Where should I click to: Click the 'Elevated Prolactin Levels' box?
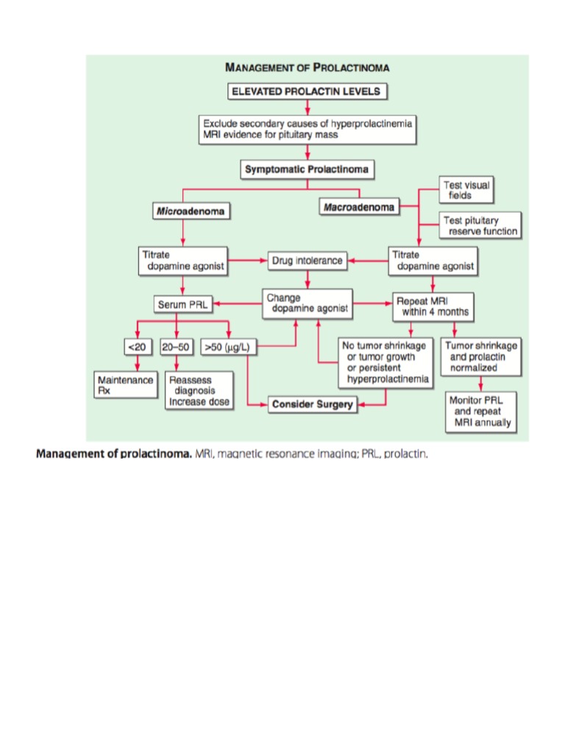pos(307,92)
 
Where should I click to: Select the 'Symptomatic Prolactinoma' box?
pos(307,169)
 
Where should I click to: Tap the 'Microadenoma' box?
pos(191,211)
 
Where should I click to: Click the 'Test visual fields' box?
pos(465,191)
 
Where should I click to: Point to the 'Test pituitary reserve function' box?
pos(480,225)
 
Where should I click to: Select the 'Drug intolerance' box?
pos(307,261)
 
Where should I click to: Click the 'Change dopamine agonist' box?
pos(307,303)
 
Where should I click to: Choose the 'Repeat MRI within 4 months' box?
pos(432,306)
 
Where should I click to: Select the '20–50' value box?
pos(177,347)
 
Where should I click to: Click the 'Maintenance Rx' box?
pos(125,385)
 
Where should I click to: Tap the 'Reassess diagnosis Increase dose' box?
pos(199,391)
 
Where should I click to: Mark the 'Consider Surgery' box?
pos(312,404)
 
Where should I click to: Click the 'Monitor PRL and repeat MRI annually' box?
pos(481,412)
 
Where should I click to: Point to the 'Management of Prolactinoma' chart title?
pos(307,68)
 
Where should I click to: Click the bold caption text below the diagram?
pos(114,454)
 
